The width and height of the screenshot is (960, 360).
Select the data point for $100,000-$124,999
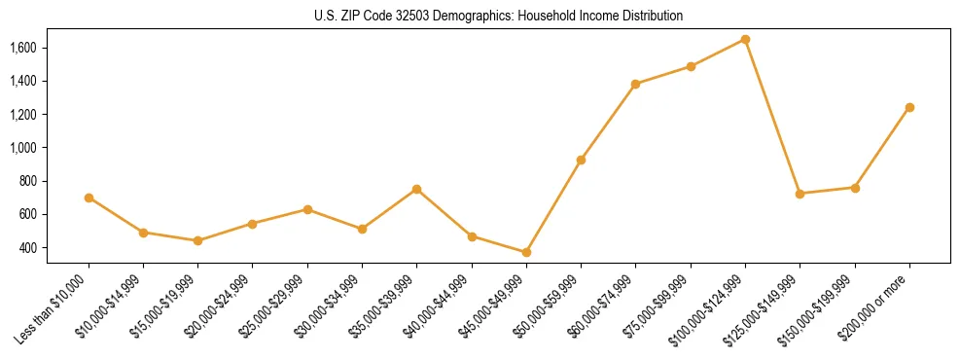[x=745, y=39]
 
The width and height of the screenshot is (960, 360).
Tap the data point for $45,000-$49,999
[x=526, y=252]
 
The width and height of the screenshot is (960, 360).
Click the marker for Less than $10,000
[x=89, y=198]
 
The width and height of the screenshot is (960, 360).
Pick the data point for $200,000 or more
[x=909, y=107]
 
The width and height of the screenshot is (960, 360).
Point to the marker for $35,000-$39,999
[x=416, y=189]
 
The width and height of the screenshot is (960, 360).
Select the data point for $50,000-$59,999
[x=581, y=160]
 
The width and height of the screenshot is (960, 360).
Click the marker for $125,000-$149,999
[x=800, y=194]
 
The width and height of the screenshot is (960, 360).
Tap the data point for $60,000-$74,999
[x=635, y=84]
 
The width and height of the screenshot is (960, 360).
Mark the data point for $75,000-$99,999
[x=691, y=66]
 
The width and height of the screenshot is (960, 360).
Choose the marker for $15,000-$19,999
[x=197, y=240]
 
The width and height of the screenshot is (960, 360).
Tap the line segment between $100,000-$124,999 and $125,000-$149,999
[x=772, y=117]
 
